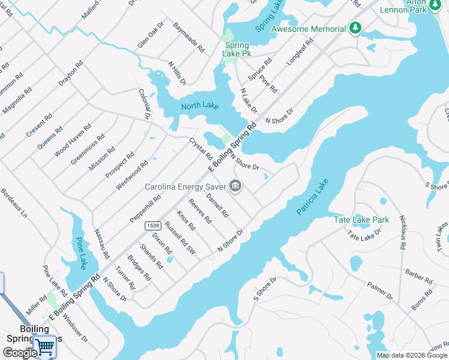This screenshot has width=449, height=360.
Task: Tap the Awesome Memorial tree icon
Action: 355,28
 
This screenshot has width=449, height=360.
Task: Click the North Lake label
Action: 200,106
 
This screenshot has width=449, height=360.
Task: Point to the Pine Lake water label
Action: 80,253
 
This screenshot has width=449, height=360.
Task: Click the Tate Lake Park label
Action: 361,220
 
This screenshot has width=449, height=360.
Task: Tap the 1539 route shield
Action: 152,226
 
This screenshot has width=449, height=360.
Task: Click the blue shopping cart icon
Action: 44,346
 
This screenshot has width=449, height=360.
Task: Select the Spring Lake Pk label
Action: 237,49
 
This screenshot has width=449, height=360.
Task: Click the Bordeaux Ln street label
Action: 14,203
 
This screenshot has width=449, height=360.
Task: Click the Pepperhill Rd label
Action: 145,208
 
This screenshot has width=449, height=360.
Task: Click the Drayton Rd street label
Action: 71,74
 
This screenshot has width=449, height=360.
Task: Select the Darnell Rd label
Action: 217,205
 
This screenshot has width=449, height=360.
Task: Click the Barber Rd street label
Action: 418,276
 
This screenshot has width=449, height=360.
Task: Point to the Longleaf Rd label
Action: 300,52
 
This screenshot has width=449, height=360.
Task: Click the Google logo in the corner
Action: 19,353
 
